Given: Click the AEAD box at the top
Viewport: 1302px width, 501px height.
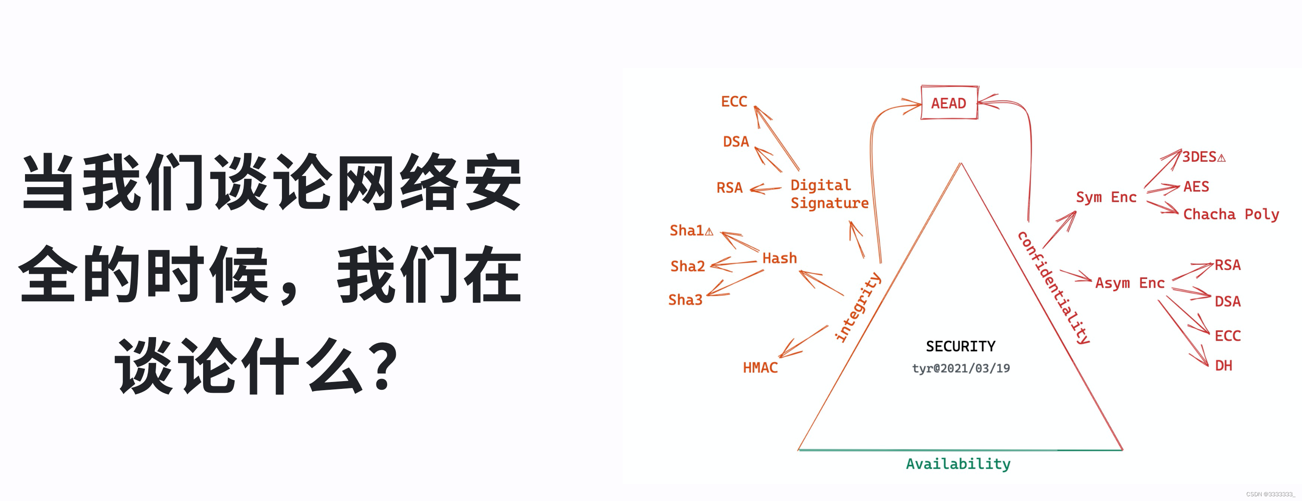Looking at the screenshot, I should [949, 103].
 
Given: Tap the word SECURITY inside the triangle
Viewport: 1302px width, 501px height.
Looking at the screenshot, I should [960, 346].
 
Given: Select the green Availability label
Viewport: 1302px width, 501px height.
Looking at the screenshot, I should [958, 463].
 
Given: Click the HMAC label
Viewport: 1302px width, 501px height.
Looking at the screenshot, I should [760, 367].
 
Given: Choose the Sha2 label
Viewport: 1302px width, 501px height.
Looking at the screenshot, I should [687, 266].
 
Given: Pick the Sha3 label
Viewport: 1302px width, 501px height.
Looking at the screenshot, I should [685, 300].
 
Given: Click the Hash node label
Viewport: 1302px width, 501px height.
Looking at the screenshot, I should [779, 258].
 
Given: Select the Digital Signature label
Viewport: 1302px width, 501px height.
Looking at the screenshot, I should [829, 194].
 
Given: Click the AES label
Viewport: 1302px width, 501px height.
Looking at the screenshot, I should [1196, 187].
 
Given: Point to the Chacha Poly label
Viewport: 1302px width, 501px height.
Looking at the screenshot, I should [1231, 214].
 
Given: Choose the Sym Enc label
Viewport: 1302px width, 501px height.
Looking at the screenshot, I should [1106, 197].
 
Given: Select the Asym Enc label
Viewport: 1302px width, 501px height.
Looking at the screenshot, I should [1130, 283].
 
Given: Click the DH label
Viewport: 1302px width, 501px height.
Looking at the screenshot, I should [1223, 366].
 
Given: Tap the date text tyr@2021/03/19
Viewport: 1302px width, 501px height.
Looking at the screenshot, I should [960, 368].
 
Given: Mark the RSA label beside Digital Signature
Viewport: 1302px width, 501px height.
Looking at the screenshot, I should [729, 188].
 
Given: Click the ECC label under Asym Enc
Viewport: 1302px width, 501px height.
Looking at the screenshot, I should [1227, 336].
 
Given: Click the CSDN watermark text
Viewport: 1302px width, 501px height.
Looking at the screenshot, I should [1270, 494].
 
